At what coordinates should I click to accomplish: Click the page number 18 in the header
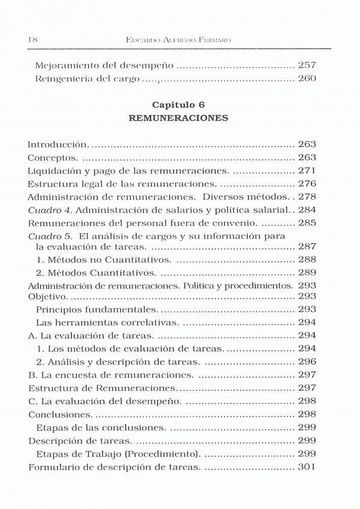[33, 40]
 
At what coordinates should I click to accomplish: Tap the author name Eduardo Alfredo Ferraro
[179, 40]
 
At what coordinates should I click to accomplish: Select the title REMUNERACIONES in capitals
[179, 118]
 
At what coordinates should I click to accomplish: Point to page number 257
[307, 65]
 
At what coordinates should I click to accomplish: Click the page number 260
[307, 79]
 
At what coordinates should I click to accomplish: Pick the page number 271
[307, 170]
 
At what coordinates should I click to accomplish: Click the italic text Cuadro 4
[50, 210]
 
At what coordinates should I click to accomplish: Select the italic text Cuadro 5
[50, 236]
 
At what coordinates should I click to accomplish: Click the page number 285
[307, 223]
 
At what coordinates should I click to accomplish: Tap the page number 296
[307, 362]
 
